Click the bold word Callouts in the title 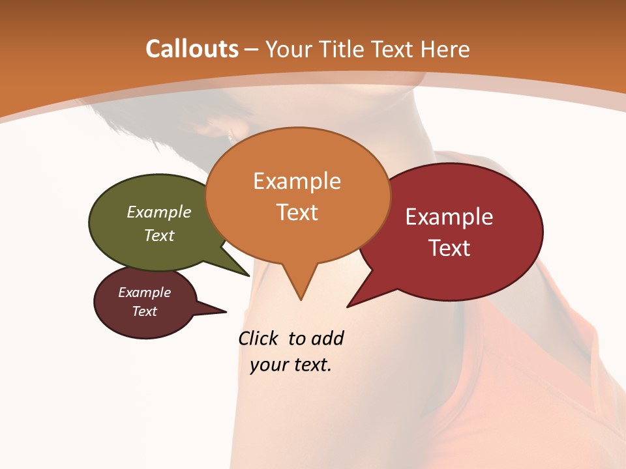(192, 49)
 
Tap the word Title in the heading (344, 49)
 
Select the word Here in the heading (446, 49)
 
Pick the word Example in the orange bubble (297, 181)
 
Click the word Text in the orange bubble (297, 212)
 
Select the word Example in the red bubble (449, 217)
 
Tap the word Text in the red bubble (450, 248)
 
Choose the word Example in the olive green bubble (159, 212)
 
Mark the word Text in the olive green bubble (159, 235)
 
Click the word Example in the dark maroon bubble (145, 292)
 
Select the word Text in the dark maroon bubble (145, 311)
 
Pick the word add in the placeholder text (327, 339)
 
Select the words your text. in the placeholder (291, 365)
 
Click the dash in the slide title (252, 50)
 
